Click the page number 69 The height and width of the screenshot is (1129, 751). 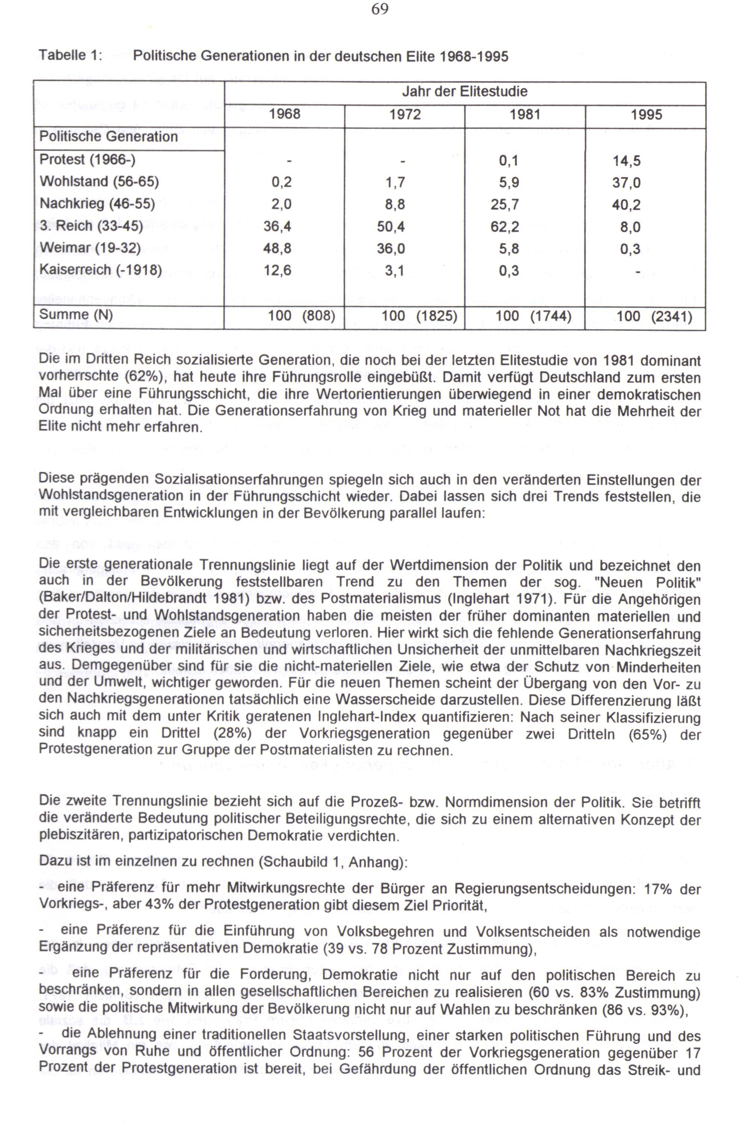379,9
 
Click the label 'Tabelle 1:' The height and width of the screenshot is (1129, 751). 71,56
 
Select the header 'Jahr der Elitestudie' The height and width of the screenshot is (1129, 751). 464,92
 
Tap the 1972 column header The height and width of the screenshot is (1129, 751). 405,115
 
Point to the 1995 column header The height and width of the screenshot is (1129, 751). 646,115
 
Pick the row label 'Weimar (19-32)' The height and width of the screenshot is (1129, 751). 90,248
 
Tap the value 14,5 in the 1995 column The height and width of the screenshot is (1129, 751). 626,161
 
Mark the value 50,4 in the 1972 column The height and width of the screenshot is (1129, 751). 391,226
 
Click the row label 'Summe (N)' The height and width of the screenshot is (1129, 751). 76,315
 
